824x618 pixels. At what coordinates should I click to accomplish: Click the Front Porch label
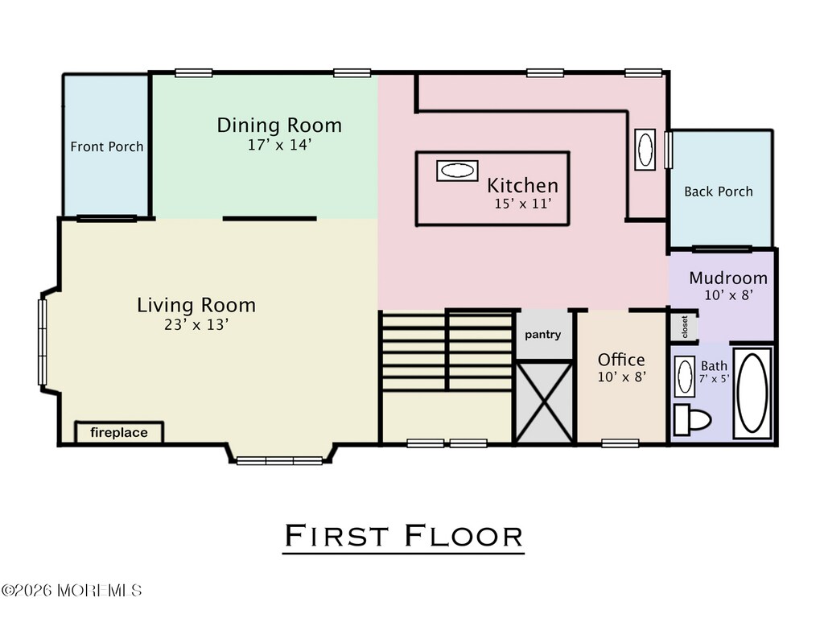pyautogui.click(x=107, y=146)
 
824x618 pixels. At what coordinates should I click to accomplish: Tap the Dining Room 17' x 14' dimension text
pyautogui.click(x=280, y=145)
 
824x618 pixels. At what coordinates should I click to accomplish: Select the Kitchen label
pyautogui.click(x=522, y=186)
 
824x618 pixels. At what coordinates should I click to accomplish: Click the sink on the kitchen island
pyautogui.click(x=457, y=171)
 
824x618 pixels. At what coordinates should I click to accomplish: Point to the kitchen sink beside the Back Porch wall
pyautogui.click(x=645, y=149)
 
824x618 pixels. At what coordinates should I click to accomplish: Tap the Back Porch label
pyautogui.click(x=719, y=192)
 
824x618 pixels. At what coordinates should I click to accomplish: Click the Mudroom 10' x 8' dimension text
pyautogui.click(x=729, y=295)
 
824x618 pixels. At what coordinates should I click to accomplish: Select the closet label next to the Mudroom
pyautogui.click(x=684, y=327)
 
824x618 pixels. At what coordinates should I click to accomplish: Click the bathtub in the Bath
pyautogui.click(x=752, y=393)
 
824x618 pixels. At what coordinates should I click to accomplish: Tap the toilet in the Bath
pyautogui.click(x=692, y=420)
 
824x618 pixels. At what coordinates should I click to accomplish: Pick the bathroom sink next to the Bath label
pyautogui.click(x=685, y=377)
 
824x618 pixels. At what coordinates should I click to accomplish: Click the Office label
pyautogui.click(x=621, y=360)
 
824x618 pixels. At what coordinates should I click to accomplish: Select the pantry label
pyautogui.click(x=543, y=335)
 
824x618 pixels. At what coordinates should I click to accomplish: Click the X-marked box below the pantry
pyautogui.click(x=545, y=402)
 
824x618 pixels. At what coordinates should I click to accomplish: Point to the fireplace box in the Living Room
pyautogui.click(x=119, y=432)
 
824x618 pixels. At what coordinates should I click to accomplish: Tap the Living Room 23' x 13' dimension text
pyautogui.click(x=196, y=325)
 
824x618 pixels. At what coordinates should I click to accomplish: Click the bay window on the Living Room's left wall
pyautogui.click(x=43, y=341)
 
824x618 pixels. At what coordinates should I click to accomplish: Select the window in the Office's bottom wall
pyautogui.click(x=620, y=443)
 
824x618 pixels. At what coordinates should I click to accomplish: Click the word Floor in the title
pyautogui.click(x=464, y=536)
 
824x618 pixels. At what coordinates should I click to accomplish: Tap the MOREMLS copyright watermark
pyautogui.click(x=72, y=591)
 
